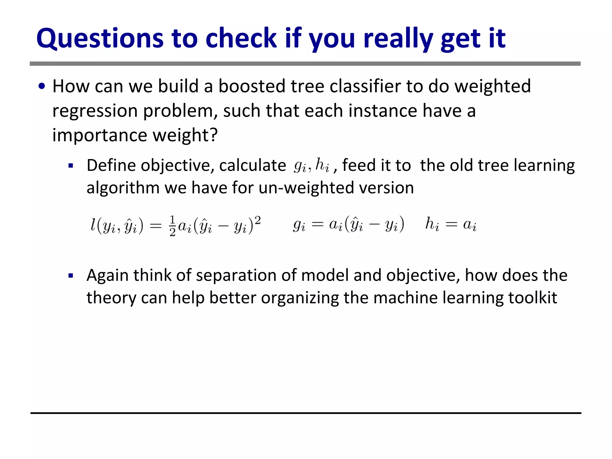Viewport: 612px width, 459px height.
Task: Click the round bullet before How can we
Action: point(42,87)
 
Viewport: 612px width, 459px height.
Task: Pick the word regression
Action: point(95,111)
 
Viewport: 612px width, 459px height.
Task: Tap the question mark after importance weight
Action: point(213,135)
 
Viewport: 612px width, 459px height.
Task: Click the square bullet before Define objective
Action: point(71,166)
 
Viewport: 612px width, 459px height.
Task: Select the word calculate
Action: point(253,166)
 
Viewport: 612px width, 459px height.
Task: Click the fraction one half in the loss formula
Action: point(172,226)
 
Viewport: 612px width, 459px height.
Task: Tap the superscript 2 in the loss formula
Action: point(258,221)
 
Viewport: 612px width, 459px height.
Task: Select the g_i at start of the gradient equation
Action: point(299,225)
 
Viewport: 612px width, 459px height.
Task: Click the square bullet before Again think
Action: point(71,276)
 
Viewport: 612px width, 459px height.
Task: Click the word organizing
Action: point(300,298)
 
